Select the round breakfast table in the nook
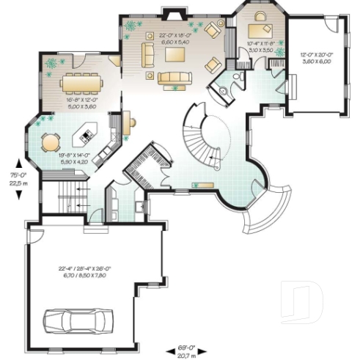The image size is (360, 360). tap(50, 140)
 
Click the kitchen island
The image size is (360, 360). tap(86, 134)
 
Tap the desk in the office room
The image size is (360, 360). tap(258, 29)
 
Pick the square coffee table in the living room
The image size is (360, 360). tap(177, 55)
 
